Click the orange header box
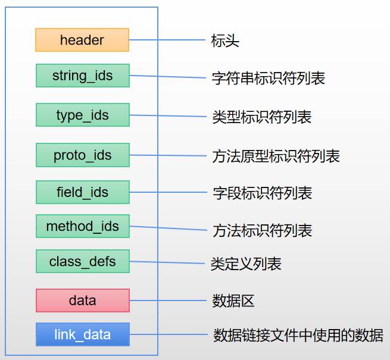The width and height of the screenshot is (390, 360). (82, 40)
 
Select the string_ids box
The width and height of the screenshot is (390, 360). (82, 76)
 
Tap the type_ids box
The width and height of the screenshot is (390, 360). (82, 115)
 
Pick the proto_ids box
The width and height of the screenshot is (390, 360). (82, 155)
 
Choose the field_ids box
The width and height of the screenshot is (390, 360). (82, 192)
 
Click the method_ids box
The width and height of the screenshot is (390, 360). (82, 226)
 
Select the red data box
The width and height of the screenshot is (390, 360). (82, 300)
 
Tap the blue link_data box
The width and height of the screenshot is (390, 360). (82, 334)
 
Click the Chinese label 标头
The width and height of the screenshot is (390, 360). (225, 41)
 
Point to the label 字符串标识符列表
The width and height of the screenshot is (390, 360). (269, 78)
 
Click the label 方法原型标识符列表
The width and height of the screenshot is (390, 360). (276, 156)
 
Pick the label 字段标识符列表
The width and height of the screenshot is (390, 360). (262, 193)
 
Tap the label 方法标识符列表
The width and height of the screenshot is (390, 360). (262, 230)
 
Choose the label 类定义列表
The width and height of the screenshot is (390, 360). (246, 264)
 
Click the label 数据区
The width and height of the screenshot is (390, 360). (233, 301)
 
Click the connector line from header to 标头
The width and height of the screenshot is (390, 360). (167, 40)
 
